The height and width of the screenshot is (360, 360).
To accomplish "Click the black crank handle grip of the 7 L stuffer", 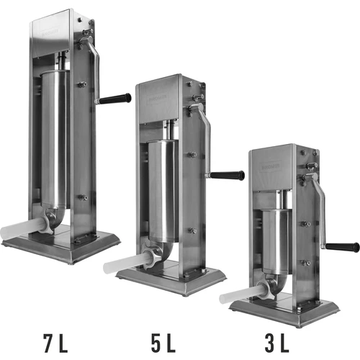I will click(114, 99).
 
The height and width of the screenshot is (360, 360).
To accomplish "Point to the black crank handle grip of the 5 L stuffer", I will click(228, 175).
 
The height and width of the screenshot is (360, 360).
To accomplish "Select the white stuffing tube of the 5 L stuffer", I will click(126, 263).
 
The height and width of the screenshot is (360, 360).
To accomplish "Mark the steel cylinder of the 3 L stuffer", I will click(274, 241).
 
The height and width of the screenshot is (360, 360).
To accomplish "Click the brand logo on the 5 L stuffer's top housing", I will click(162, 94).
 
